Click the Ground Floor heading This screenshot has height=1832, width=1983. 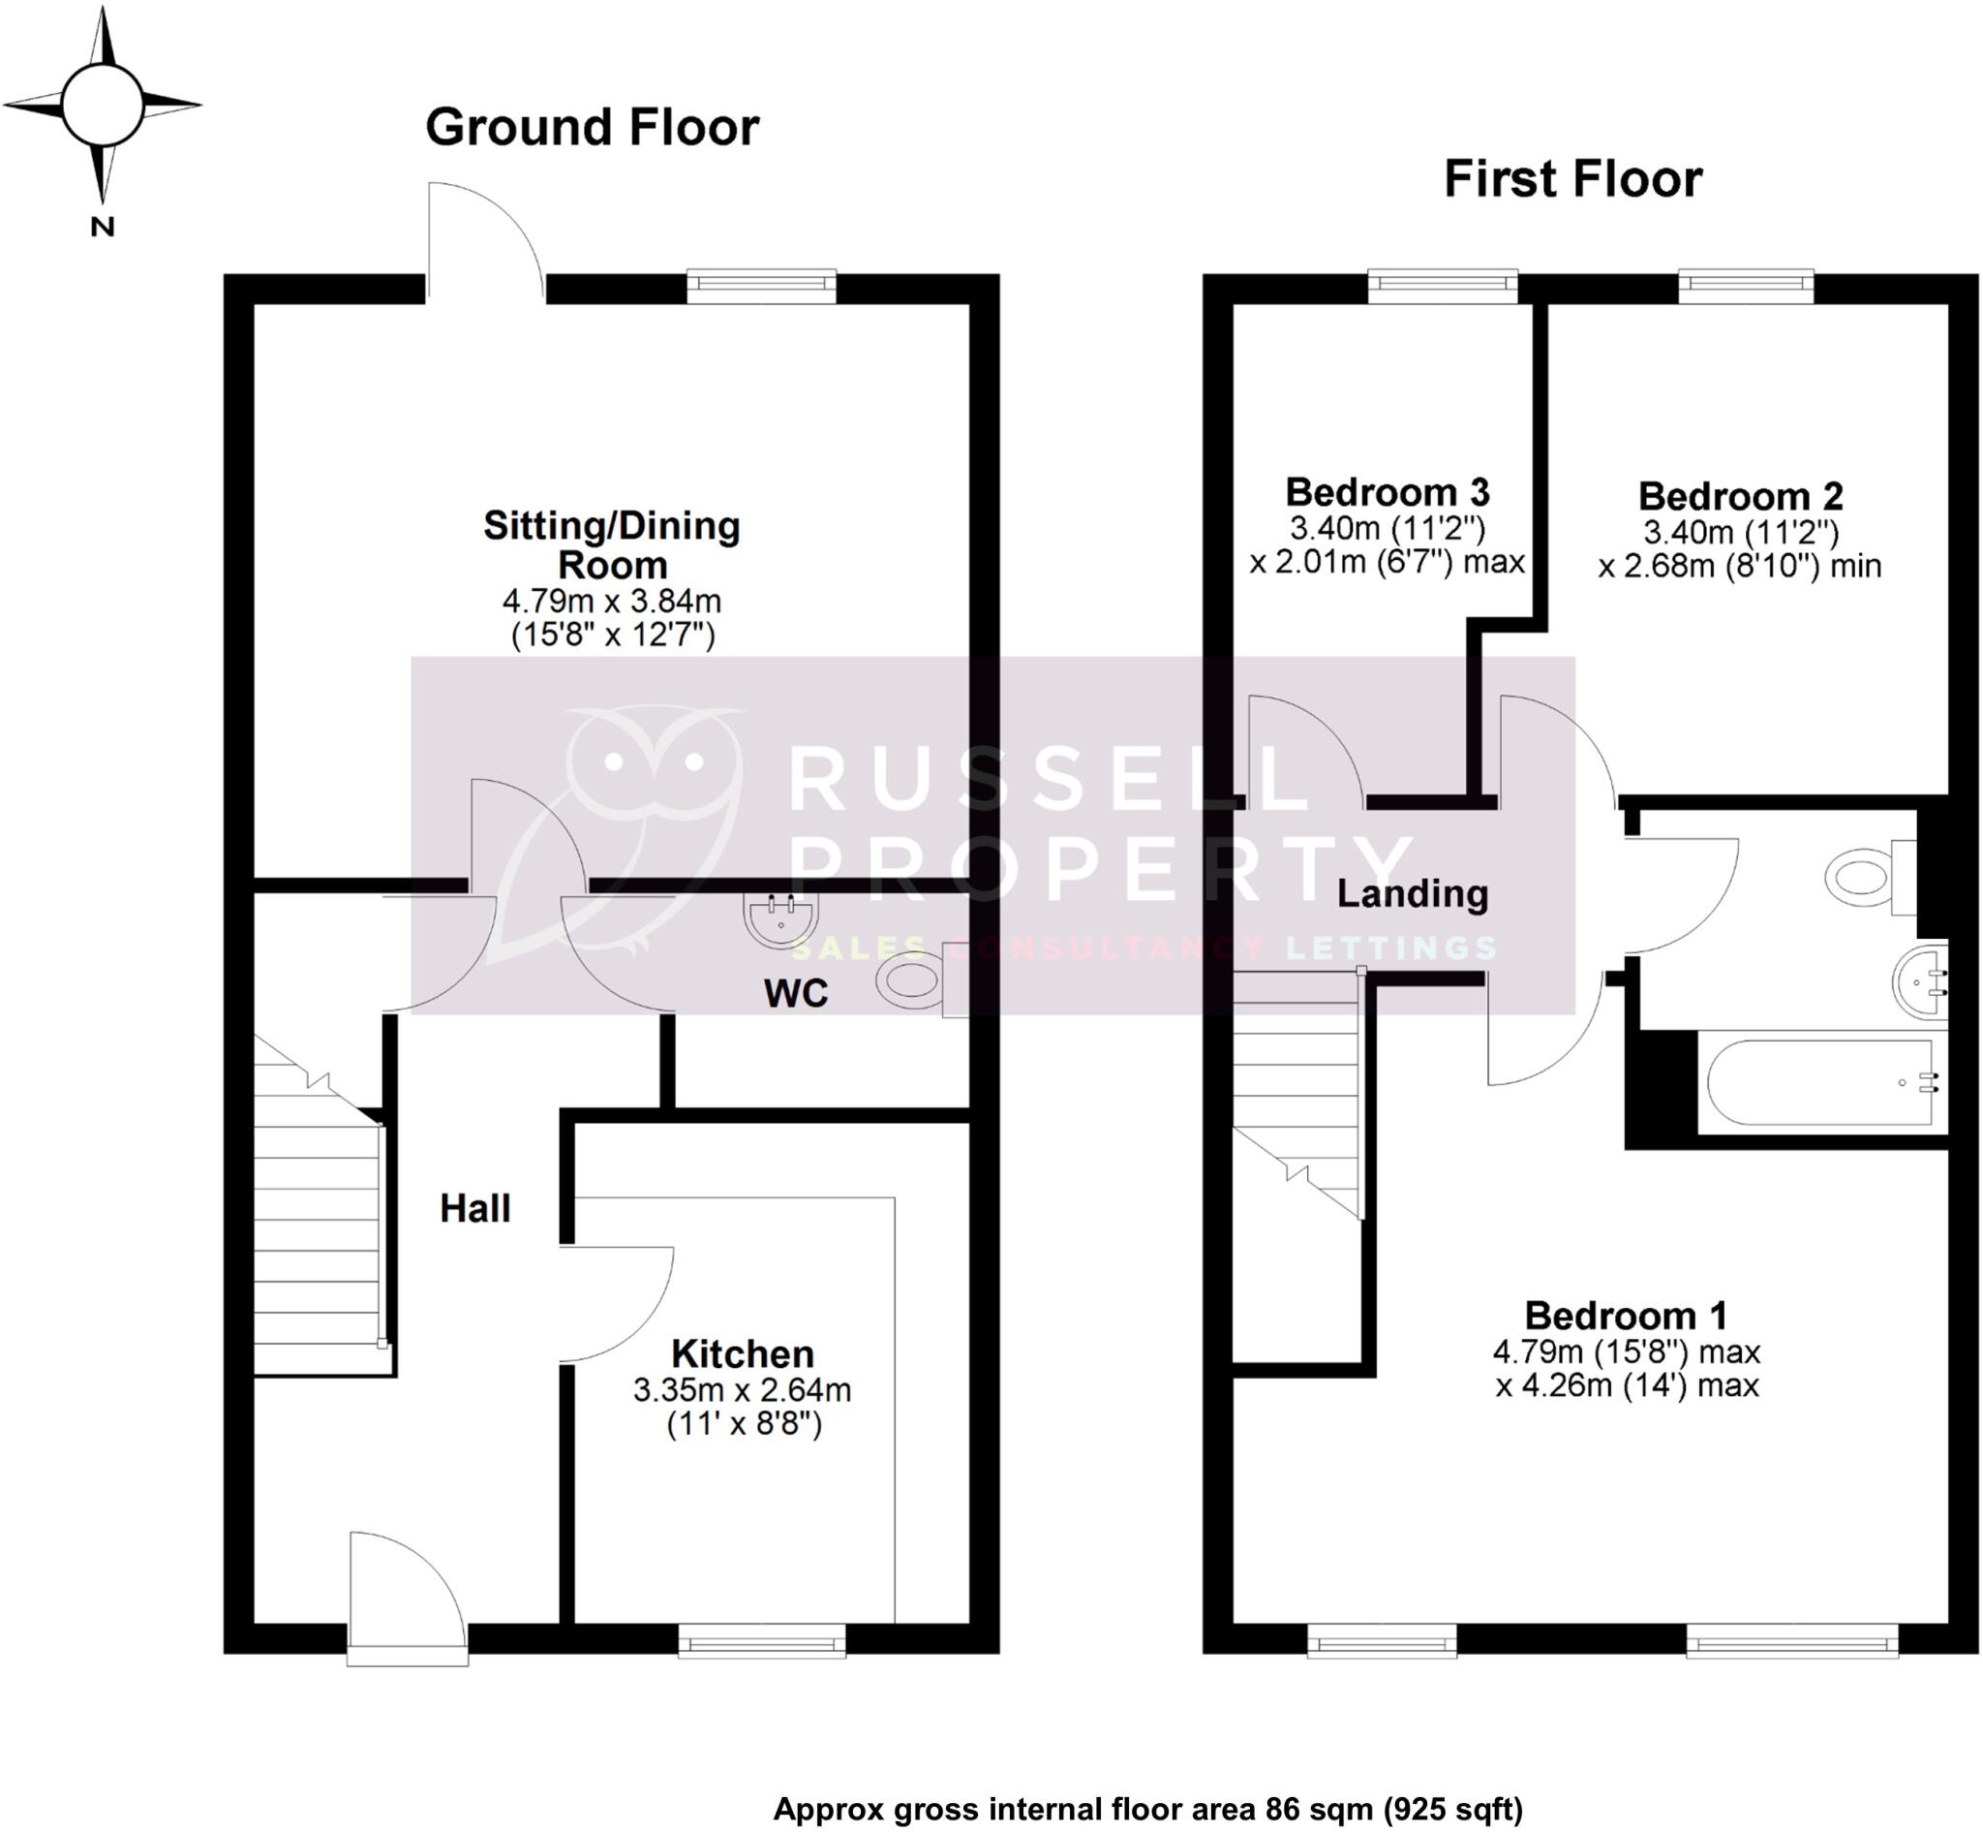click(592, 128)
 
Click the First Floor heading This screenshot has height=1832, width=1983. click(1571, 179)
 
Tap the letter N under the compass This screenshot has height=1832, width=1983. click(102, 227)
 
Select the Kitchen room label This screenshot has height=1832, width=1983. click(743, 1353)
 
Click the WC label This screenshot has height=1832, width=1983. click(796, 993)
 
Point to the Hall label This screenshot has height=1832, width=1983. click(474, 1208)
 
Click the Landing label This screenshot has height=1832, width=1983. click(1412, 894)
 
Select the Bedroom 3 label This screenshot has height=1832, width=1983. click(1387, 492)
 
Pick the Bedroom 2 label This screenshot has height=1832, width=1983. click(1740, 496)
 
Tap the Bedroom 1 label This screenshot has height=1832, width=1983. click(1626, 1316)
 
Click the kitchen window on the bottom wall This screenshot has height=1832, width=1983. click(761, 1646)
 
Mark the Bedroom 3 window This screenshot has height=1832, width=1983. click(1442, 288)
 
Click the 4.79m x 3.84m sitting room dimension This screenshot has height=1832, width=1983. click(611, 601)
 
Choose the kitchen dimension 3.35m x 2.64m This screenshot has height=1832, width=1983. click(743, 1390)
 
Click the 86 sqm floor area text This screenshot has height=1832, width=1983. click(1146, 1809)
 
